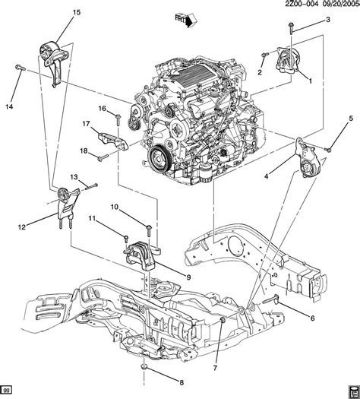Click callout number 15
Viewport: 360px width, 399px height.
54,13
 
